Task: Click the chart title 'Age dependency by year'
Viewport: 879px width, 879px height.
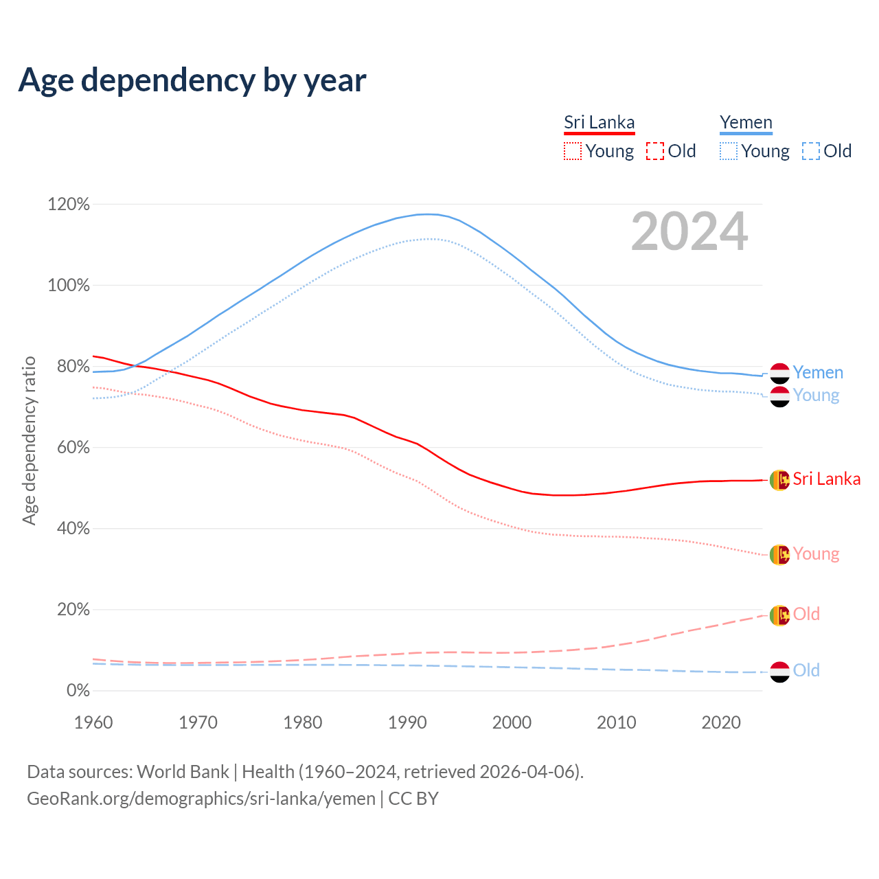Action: point(192,80)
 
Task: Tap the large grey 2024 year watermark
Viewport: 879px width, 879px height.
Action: point(689,232)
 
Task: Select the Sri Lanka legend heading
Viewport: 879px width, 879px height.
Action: point(599,123)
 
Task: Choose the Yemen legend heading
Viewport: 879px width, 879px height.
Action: point(746,123)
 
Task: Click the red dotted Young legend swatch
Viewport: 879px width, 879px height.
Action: point(572,151)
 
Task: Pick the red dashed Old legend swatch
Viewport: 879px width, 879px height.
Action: point(655,151)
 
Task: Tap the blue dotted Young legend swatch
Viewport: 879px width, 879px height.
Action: point(729,151)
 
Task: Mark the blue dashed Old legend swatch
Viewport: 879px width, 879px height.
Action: point(811,151)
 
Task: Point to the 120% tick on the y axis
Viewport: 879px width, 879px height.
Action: point(69,205)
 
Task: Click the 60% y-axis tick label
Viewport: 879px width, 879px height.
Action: point(69,448)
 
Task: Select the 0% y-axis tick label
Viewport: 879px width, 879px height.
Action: point(78,691)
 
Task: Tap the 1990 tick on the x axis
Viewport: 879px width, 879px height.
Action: point(407,722)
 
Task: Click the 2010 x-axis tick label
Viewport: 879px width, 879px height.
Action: point(616,722)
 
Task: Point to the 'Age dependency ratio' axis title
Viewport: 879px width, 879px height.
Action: point(30,440)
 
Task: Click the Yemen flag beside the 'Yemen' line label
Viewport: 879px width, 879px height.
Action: point(779,373)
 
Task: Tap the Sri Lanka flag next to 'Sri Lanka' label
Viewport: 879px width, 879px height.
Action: point(779,479)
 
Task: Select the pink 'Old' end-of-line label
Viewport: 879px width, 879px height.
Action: point(806,614)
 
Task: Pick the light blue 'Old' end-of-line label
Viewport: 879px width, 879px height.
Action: point(806,670)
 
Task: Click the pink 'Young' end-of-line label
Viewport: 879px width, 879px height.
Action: point(816,553)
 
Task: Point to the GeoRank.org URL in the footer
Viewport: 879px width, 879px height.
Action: point(201,799)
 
